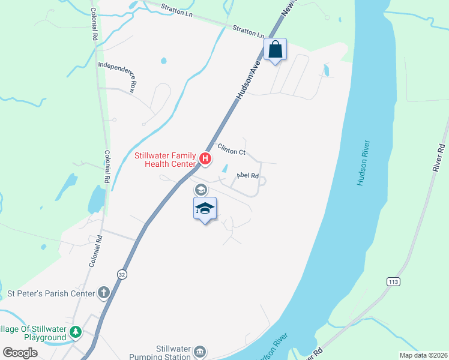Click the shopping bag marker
coord(276,50)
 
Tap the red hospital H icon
coord(205,159)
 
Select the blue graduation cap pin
coord(205,209)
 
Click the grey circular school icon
coord(200,190)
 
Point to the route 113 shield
coord(393,281)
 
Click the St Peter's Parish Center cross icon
coord(104,293)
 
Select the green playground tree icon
coord(76,332)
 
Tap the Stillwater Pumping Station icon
coord(200,351)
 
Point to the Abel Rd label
coord(247,176)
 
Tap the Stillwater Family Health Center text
coord(164,159)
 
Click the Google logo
coord(20,353)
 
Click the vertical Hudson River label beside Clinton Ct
coord(364,163)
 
